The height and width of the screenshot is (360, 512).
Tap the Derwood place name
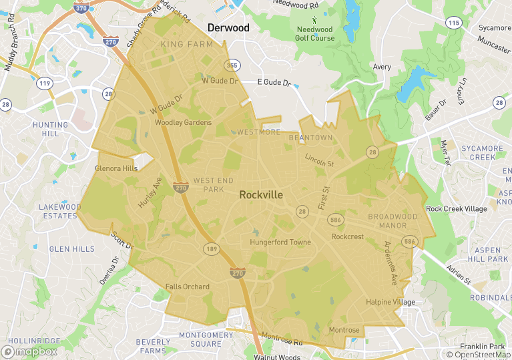228,28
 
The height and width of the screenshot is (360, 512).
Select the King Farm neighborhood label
187,45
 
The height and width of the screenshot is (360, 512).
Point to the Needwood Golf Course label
315,34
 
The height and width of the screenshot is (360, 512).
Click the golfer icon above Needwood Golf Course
314,21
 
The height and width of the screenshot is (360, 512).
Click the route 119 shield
45,83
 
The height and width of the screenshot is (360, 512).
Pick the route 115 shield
454,23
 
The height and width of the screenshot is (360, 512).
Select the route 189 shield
212,248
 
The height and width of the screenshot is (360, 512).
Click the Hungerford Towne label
280,242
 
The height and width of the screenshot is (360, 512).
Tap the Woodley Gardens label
183,123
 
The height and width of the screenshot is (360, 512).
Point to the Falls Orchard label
188,287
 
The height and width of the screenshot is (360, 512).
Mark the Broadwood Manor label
393,221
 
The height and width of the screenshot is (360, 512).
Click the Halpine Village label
391,303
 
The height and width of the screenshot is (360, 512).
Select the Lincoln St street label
319,160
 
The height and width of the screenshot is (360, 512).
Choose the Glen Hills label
72,249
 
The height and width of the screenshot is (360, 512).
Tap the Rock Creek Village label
457,209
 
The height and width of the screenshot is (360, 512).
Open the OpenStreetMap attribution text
479,355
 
